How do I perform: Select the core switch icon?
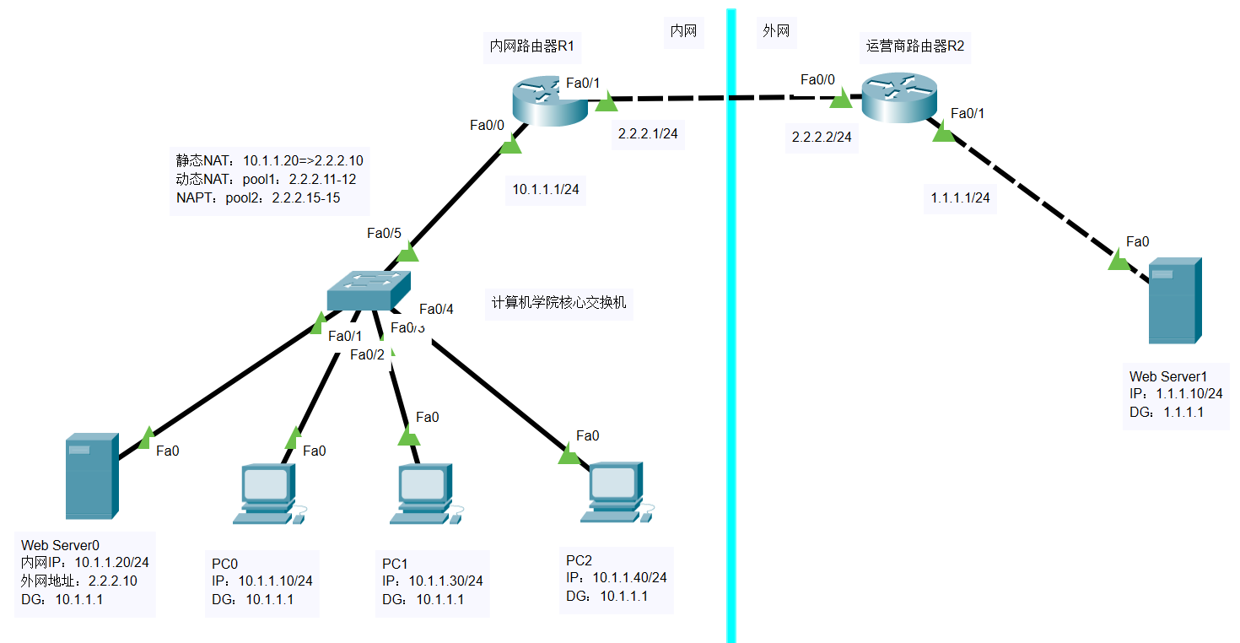pos(369,291)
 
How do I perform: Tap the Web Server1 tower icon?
pos(1175,301)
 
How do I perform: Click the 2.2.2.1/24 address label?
pos(648,133)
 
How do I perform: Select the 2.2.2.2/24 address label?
pos(821,136)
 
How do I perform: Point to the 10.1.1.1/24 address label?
pos(546,190)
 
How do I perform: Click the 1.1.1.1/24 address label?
pos(960,198)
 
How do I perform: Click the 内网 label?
pos(682,31)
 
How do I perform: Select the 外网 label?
pos(776,31)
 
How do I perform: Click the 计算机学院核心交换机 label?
pos(559,302)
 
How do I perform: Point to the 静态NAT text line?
pos(269,160)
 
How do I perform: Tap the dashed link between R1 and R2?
pos(725,99)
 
